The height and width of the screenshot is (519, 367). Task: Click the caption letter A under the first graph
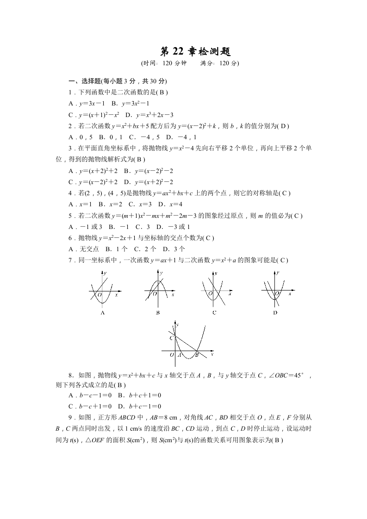tap(102, 313)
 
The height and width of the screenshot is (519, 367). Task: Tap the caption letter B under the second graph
tap(158, 313)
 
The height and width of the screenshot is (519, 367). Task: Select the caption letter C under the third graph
tap(214, 313)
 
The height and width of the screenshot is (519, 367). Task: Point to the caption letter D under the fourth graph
tap(275, 313)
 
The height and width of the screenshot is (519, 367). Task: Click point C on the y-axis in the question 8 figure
tap(171, 338)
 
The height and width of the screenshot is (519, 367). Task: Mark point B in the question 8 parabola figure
tap(197, 355)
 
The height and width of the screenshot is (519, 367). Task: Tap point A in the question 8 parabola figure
tap(179, 355)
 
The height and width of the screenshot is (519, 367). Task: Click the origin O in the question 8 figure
tap(171, 355)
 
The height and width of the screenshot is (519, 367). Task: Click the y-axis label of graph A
tap(105, 274)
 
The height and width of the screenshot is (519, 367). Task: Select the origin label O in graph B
tap(155, 294)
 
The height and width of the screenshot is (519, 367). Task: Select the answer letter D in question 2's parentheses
tap(285, 125)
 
